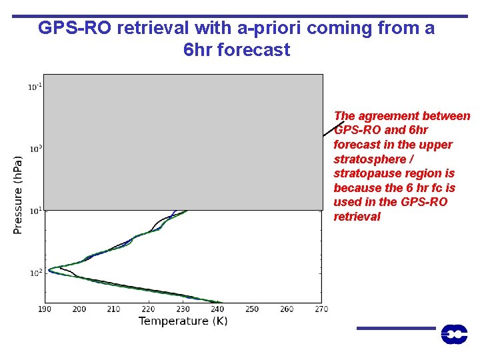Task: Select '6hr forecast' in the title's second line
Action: pos(236,50)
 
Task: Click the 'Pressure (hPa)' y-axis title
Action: pos(18,195)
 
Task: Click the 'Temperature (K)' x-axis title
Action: pos(183,321)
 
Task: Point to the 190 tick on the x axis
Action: pos(45,309)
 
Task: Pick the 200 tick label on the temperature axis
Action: pos(79,309)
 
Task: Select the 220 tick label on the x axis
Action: pos(148,309)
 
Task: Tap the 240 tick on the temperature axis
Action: pos(217,309)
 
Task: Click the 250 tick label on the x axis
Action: pos(252,309)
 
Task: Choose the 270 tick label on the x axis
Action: pos(321,309)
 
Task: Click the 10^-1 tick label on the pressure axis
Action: pos(34,86)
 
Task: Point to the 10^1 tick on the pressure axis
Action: pos(34,210)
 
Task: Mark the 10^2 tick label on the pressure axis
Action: pos(34,272)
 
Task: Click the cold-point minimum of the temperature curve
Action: pos(49,269)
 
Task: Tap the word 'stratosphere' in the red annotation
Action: pos(366,159)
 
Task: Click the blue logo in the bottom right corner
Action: pos(454,334)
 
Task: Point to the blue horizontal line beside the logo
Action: pos(395,328)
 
